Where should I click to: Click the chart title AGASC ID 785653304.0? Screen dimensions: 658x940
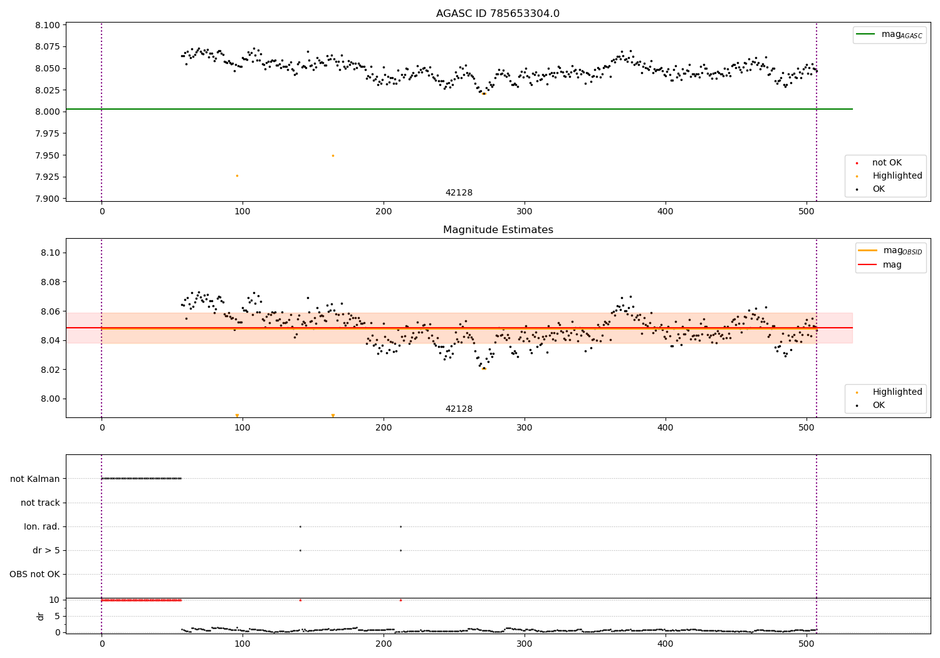click(x=498, y=14)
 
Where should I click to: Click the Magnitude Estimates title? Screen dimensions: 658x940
click(x=498, y=230)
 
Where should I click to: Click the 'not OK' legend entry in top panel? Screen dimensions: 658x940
click(x=887, y=163)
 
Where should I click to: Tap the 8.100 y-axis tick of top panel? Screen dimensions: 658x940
click(x=48, y=25)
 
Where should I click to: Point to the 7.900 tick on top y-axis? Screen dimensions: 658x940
click(x=48, y=199)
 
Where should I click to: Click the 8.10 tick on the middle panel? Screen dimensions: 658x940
click(x=50, y=253)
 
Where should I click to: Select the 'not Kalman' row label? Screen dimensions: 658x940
click(x=35, y=479)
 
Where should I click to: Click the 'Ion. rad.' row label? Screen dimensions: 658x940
click(x=42, y=526)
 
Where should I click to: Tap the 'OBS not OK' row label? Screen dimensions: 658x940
click(x=35, y=574)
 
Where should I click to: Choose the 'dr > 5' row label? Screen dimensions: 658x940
click(x=46, y=550)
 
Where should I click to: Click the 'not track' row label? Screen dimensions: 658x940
click(x=40, y=503)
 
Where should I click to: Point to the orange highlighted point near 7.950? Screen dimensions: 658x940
click(x=333, y=155)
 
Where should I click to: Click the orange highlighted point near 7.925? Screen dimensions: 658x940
click(x=237, y=175)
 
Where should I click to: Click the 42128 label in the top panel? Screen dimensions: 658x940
click(x=459, y=193)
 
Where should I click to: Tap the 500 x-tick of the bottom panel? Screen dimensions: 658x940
click(x=807, y=643)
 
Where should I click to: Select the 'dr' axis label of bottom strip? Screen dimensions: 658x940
click(x=41, y=616)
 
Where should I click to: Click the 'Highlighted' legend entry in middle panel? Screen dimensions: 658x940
click(x=897, y=392)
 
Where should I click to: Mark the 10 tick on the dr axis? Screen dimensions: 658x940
click(x=54, y=600)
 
